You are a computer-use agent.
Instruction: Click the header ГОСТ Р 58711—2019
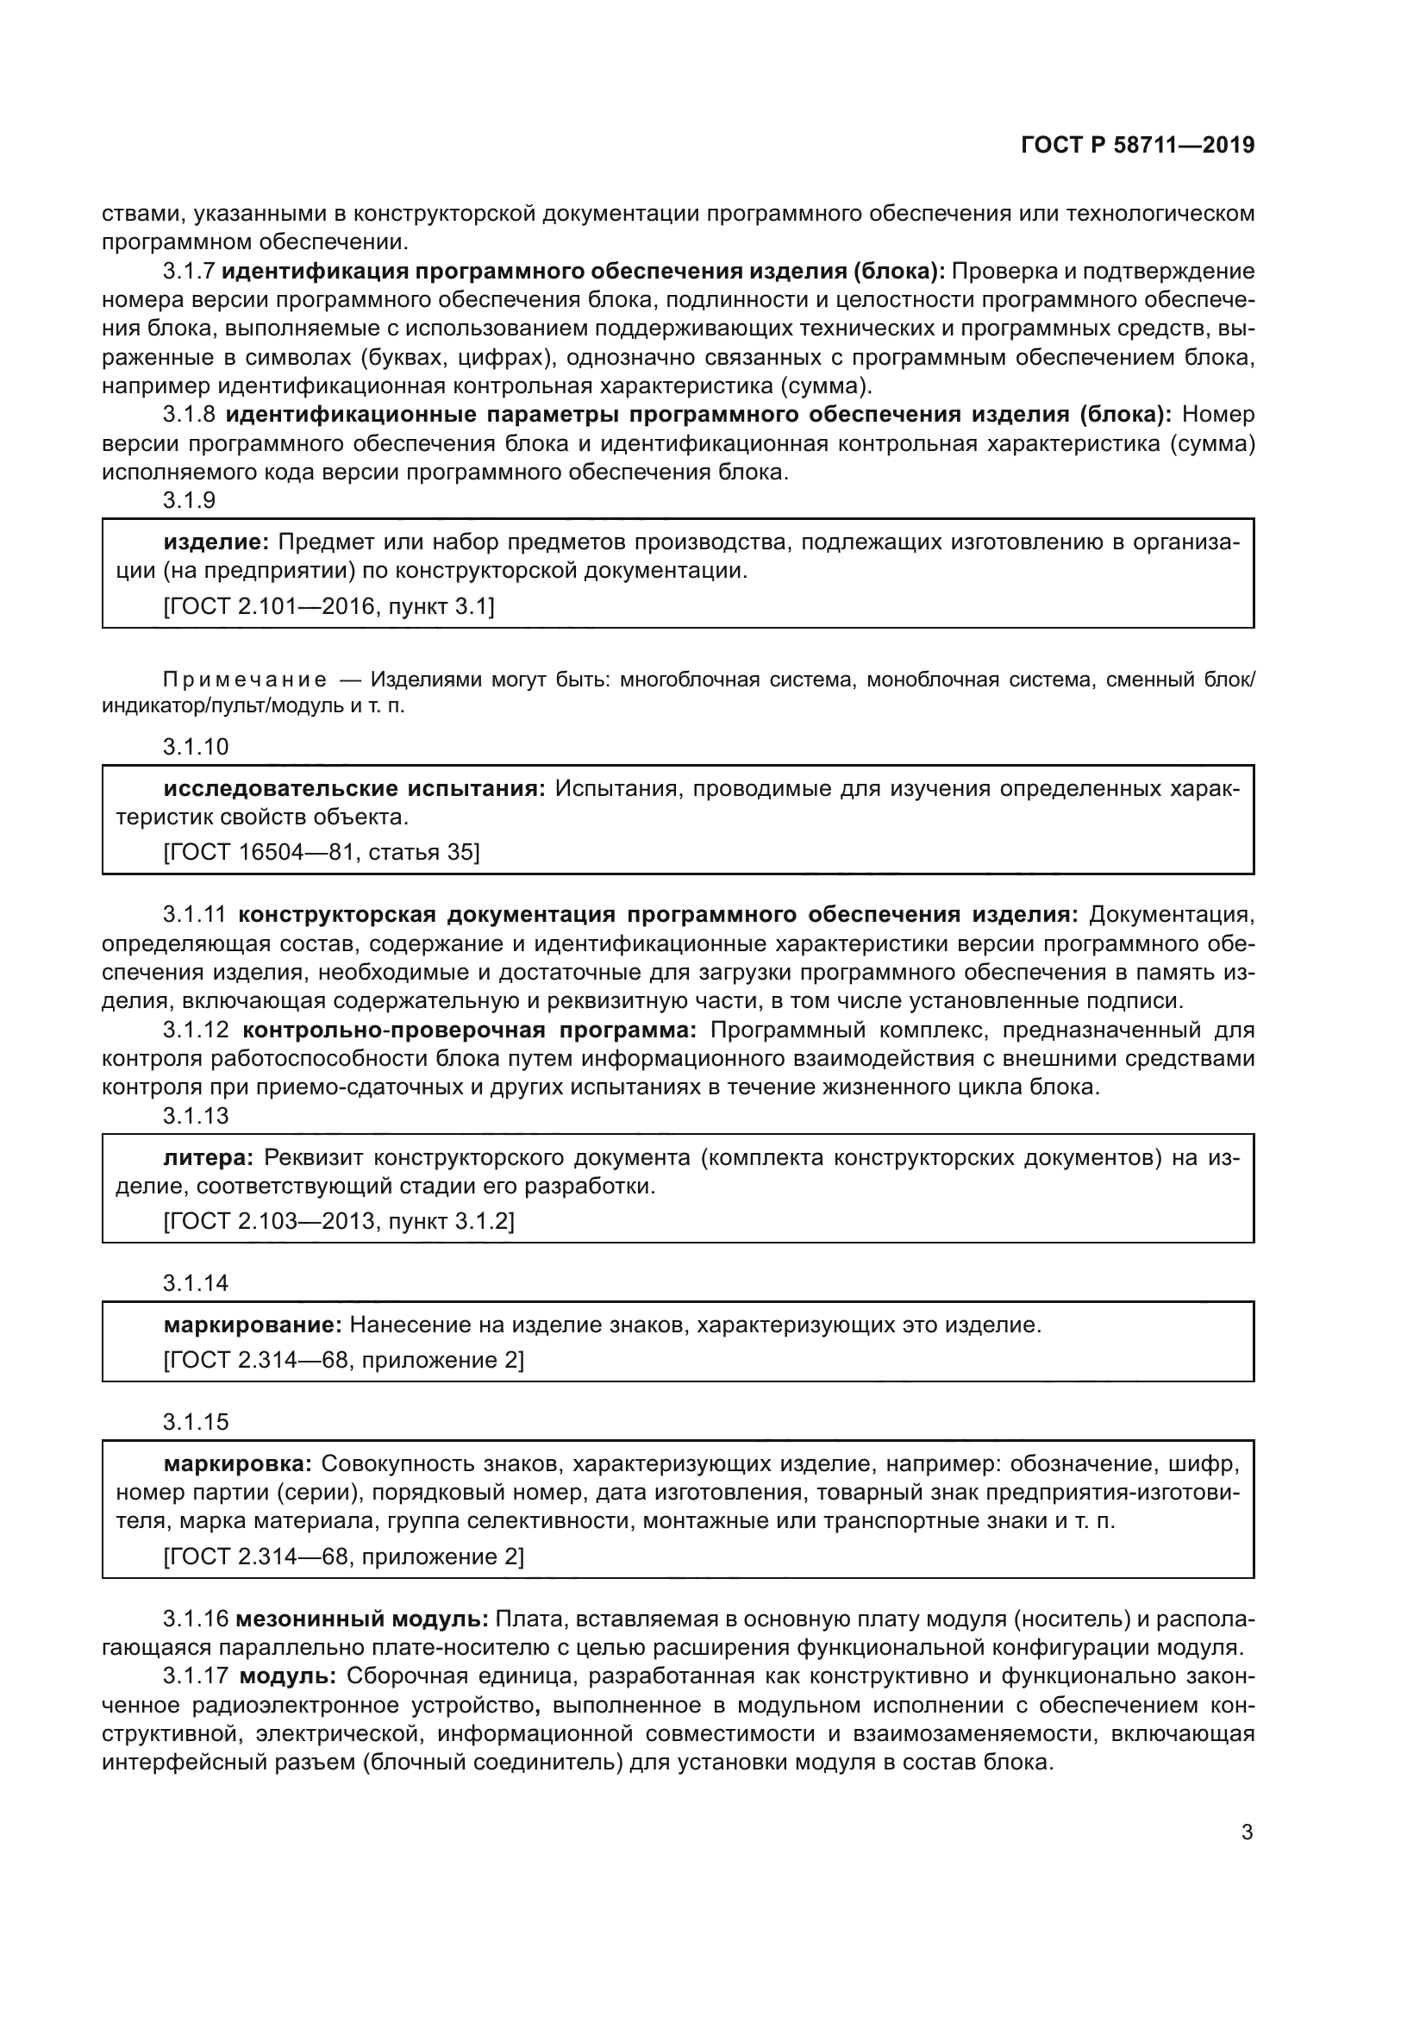tap(1137, 146)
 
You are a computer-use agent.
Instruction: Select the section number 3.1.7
tap(189, 272)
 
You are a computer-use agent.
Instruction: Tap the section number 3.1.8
tap(189, 415)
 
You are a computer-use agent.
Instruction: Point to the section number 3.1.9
tap(189, 501)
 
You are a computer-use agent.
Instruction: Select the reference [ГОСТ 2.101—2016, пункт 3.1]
tap(329, 607)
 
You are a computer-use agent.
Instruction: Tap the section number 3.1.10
tap(195, 748)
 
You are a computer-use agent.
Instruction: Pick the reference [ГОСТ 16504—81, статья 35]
tap(322, 853)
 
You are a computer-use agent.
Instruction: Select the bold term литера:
tap(209, 1159)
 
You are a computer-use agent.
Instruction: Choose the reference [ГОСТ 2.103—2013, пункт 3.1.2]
tap(339, 1222)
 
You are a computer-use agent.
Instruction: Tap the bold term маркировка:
tap(238, 1464)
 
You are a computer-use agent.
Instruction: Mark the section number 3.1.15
tap(195, 1422)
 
